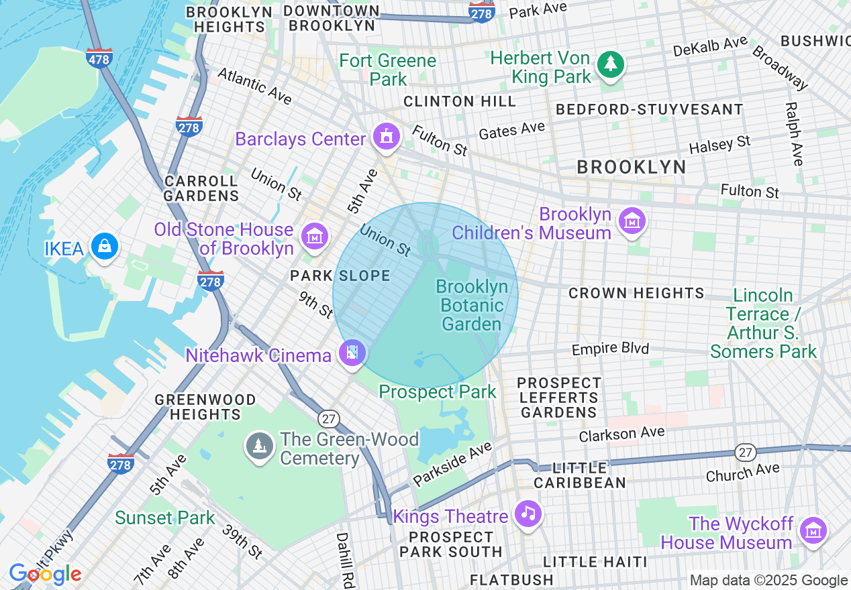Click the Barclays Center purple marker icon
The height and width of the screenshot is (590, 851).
[x=387, y=137]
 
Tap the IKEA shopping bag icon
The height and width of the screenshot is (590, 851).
[x=105, y=246]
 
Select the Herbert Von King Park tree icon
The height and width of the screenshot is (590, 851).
[x=611, y=64]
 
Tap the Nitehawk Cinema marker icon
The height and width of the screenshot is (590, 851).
[x=352, y=352]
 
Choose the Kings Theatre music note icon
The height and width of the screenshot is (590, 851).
[x=528, y=514]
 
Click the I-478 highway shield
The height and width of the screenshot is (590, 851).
[x=99, y=59]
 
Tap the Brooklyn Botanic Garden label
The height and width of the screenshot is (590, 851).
[x=472, y=306]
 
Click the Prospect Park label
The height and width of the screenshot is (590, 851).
[x=438, y=392]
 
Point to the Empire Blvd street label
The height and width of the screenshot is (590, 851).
[x=610, y=349]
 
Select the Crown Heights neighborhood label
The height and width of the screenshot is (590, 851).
[x=636, y=294]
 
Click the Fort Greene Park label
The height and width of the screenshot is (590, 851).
[x=388, y=70]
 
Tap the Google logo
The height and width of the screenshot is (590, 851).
[x=45, y=575]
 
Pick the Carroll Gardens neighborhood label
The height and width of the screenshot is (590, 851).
[x=201, y=188]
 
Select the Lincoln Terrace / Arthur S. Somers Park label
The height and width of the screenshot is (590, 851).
[x=764, y=323]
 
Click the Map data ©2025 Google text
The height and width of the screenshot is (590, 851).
[x=768, y=581]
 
